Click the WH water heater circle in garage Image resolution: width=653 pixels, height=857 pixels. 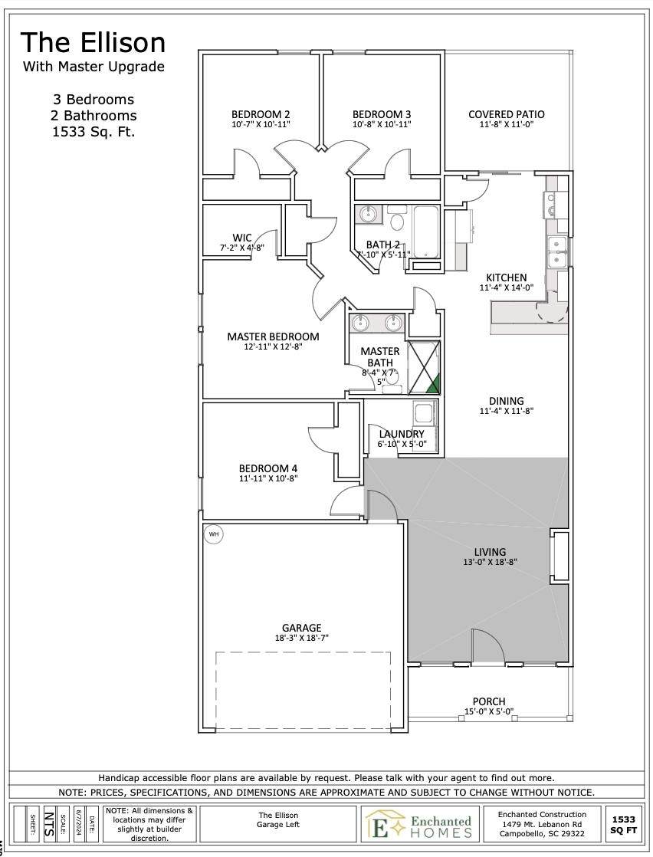(x=213, y=534)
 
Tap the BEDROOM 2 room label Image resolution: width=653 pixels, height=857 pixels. (x=261, y=114)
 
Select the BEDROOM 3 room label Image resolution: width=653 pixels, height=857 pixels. (x=382, y=114)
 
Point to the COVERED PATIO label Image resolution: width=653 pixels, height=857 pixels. (x=506, y=114)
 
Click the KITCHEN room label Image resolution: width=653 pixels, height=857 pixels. (x=506, y=277)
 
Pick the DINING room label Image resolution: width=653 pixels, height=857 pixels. (x=506, y=401)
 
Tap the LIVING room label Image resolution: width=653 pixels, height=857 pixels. (x=490, y=552)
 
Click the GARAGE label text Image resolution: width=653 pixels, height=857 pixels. (x=302, y=628)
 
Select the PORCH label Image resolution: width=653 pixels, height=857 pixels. (x=489, y=701)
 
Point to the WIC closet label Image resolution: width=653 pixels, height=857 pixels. (x=242, y=238)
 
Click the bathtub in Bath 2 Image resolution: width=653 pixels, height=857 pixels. (x=425, y=232)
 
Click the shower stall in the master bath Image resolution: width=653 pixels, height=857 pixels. (x=424, y=367)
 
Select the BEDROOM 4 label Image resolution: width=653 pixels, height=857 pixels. (x=267, y=468)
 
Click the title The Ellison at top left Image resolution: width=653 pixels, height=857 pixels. (x=93, y=43)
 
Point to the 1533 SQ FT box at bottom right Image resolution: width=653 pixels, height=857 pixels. (x=623, y=825)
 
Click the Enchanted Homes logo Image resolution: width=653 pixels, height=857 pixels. (x=419, y=825)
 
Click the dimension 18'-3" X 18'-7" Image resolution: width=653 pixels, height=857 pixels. (x=302, y=638)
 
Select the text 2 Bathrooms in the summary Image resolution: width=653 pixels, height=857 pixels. (x=94, y=116)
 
